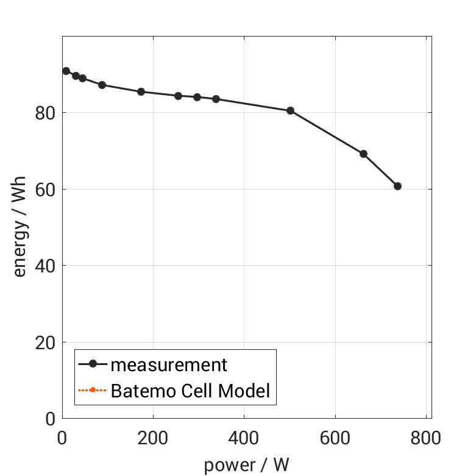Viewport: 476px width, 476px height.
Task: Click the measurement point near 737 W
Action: tap(397, 186)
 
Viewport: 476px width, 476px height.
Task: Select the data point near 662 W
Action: tap(363, 154)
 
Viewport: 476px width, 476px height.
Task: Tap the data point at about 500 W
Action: tap(290, 111)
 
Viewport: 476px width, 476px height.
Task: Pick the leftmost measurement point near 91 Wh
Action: tap(66, 71)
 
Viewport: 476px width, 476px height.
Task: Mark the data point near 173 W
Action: tap(141, 91)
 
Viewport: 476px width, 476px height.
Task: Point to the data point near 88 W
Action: tap(102, 85)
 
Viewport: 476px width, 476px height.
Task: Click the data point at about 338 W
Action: tap(216, 99)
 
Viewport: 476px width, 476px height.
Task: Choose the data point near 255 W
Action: tap(178, 96)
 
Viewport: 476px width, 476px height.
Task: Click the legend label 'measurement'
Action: tap(169, 365)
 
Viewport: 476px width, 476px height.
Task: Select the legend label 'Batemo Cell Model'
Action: tap(190, 390)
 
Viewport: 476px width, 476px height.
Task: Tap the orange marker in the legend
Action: tap(93, 390)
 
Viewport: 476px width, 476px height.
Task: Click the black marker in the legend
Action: tap(93, 364)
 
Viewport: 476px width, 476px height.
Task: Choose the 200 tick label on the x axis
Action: tap(153, 438)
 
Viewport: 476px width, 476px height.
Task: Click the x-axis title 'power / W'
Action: tap(246, 464)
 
